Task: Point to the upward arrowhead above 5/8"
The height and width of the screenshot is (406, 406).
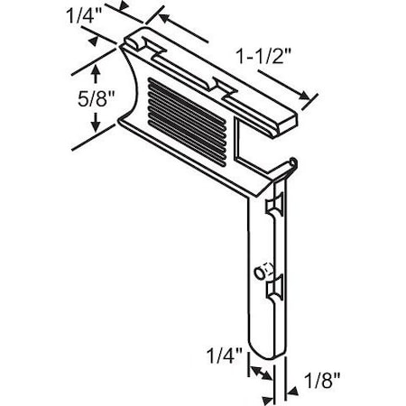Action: click(x=95, y=69)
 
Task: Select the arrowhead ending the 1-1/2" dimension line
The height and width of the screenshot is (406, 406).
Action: click(x=310, y=99)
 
